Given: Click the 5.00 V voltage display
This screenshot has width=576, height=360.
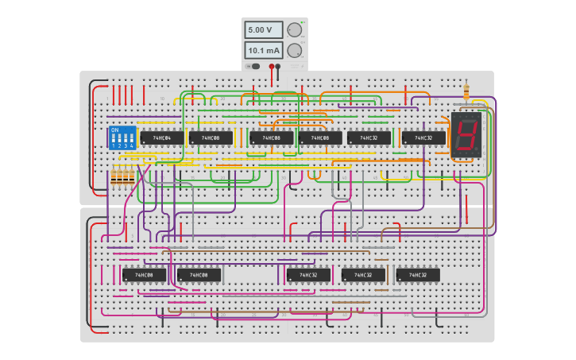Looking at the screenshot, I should (263, 30).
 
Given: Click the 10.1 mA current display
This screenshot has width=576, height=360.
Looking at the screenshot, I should (263, 51).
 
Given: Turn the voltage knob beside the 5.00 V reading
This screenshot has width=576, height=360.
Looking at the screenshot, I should (294, 30).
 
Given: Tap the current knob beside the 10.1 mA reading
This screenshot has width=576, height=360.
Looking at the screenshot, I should (294, 51).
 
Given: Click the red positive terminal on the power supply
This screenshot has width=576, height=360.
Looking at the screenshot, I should (272, 67).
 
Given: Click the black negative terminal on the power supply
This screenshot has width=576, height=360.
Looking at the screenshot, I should (278, 67).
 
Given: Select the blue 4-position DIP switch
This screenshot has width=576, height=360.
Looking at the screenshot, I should (122, 137).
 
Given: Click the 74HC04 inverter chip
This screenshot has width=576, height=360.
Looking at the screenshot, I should (161, 138).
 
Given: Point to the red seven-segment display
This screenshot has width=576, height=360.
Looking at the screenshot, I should (466, 134).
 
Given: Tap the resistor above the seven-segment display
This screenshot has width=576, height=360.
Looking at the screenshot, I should (466, 92).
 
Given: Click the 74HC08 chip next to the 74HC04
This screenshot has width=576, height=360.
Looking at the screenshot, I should (211, 138).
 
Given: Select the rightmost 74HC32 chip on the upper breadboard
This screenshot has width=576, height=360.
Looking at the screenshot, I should (423, 138).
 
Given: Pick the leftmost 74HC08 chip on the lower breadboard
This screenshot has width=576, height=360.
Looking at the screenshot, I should (144, 275).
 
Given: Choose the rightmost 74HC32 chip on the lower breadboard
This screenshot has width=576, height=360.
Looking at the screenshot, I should (418, 275).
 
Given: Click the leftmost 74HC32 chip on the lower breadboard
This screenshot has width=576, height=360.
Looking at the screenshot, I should (308, 275).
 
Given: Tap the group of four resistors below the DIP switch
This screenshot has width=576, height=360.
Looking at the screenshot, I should (122, 178).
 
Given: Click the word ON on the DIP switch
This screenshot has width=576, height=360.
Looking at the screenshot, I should (115, 130).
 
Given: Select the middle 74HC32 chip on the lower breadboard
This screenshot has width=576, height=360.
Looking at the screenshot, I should (363, 275).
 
